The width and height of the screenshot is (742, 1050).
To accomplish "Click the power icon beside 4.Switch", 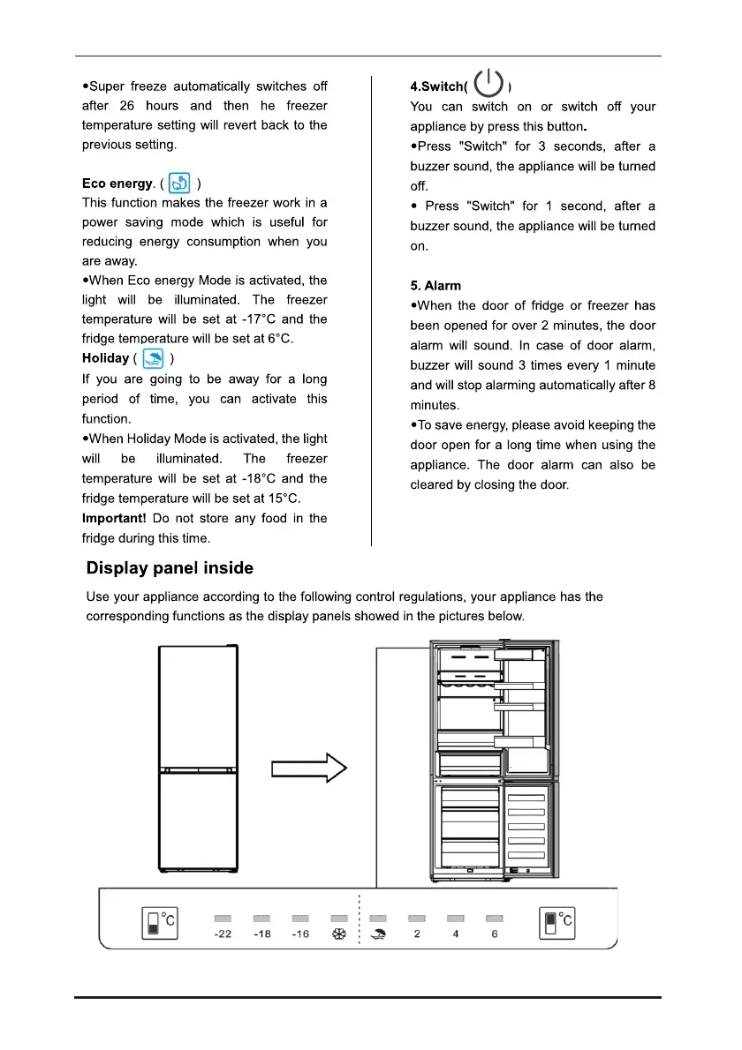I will click(488, 85).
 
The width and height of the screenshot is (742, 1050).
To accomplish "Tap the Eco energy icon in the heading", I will click(181, 184).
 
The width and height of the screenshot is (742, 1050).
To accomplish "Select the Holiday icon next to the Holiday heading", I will click(152, 358).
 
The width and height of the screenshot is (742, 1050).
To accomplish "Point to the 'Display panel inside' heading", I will click(170, 568).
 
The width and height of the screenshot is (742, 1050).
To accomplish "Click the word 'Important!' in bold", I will click(114, 518).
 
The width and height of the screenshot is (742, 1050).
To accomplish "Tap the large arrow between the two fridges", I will click(308, 769).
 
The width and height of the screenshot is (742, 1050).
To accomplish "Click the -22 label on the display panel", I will click(223, 934).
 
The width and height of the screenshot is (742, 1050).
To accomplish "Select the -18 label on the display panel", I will click(262, 934).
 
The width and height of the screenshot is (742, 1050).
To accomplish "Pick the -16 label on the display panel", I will click(300, 934).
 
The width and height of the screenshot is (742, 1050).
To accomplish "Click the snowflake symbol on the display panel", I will click(338, 934).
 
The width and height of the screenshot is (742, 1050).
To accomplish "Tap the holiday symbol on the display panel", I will click(378, 934).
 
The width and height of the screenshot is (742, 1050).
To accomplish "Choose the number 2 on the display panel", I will click(417, 934).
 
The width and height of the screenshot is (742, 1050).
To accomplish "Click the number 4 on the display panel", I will click(456, 934).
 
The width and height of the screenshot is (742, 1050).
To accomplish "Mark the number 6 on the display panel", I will click(495, 934).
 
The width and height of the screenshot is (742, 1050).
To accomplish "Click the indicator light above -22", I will click(223, 919).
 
